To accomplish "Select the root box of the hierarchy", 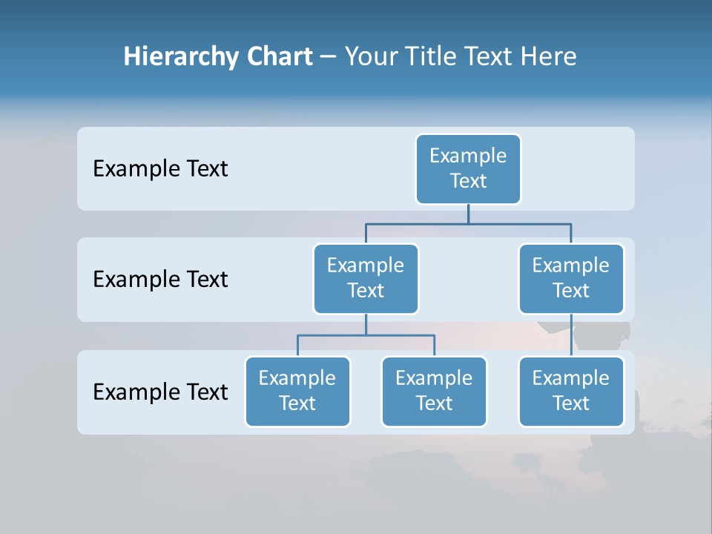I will (x=468, y=169).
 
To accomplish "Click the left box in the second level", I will (x=366, y=279).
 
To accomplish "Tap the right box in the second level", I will (x=571, y=279).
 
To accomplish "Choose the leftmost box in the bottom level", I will (x=297, y=392).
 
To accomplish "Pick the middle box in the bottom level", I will (x=434, y=392).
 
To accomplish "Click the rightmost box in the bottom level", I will (x=571, y=392).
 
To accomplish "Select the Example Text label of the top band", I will (x=160, y=169).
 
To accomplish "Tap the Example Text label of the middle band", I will (x=160, y=280).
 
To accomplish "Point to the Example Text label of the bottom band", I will (x=160, y=392).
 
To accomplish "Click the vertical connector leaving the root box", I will (x=468, y=214).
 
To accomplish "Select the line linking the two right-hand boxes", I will (x=571, y=335).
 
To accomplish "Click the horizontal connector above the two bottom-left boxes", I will (x=334, y=335).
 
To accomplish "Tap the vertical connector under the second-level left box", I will (x=366, y=324).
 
